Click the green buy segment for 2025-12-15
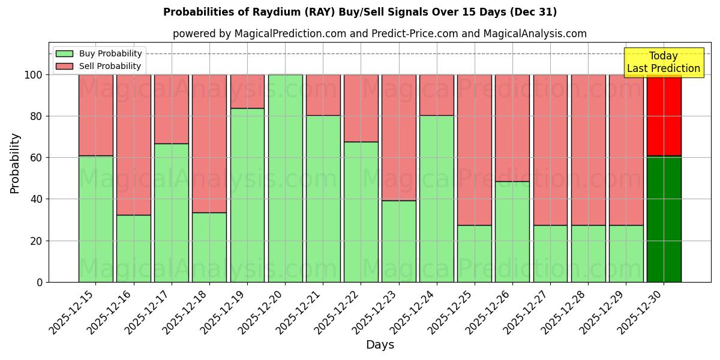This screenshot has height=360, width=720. tap(95, 219)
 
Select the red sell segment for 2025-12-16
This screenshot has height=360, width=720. tap(133, 145)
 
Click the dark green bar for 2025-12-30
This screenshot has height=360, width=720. tap(664, 219)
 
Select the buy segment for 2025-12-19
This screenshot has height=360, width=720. tap(247, 195)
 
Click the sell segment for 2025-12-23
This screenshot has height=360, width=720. tap(398, 137)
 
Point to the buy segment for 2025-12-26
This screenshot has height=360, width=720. tap(512, 232)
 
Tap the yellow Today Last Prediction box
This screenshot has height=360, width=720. tap(663, 62)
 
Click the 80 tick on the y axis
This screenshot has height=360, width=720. tap(37, 116)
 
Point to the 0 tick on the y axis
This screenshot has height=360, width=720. tap(40, 282)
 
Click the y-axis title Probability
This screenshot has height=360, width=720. tap(15, 163)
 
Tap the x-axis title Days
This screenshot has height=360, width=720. tap(380, 345)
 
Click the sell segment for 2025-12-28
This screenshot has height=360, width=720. tap(588, 150)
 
